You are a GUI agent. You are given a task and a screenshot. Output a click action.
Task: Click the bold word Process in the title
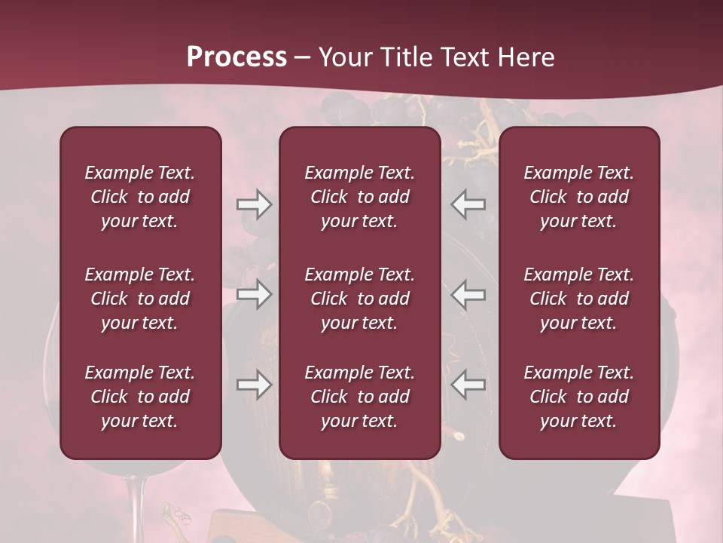tap(236, 57)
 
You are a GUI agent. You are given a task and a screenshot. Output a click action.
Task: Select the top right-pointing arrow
tap(254, 204)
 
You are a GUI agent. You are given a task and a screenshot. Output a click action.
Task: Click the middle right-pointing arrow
tap(254, 294)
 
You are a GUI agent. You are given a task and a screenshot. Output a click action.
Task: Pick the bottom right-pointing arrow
tap(254, 385)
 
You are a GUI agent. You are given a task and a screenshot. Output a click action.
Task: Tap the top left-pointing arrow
tap(468, 204)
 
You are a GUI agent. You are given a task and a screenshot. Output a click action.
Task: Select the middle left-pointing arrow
tap(468, 294)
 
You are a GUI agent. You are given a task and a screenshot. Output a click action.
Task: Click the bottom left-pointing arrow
tap(468, 385)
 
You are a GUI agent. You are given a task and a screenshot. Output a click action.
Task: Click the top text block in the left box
tap(140, 197)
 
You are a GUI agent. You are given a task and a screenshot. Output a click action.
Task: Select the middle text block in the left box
tap(140, 299)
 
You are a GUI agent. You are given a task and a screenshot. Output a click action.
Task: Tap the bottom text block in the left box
tap(140, 397)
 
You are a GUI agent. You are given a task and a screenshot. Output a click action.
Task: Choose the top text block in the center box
tap(359, 197)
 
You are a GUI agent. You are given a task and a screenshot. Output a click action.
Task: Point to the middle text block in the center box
tap(359, 299)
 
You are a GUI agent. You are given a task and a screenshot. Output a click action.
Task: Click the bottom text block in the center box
tap(359, 397)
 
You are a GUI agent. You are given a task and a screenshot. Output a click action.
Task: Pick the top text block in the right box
tap(578, 197)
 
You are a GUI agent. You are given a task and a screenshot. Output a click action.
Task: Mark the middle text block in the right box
tap(578, 299)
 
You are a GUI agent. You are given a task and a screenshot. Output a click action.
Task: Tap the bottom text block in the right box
tap(578, 397)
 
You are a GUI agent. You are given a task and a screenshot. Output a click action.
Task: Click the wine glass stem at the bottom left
tap(136, 505)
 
